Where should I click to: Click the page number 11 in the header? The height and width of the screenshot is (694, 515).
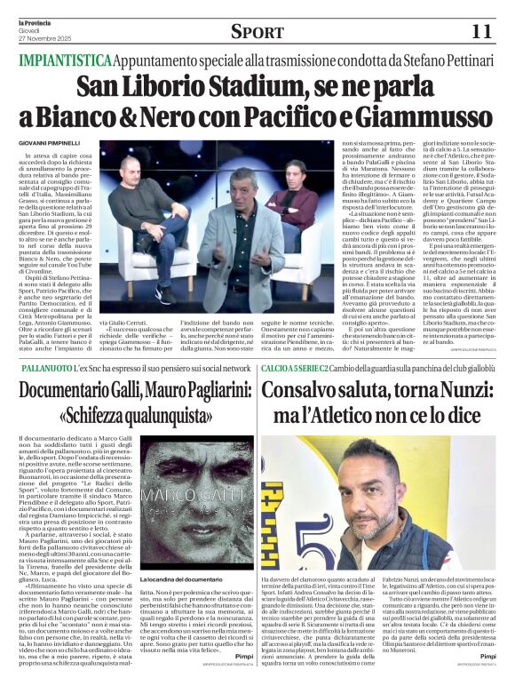tap(481, 30)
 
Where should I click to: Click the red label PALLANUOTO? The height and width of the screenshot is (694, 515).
tap(46, 367)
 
